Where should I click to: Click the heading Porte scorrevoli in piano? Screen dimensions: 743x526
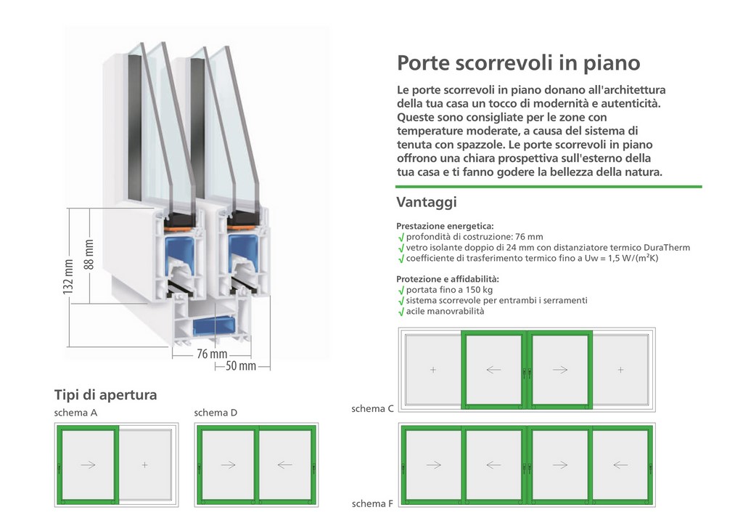518,63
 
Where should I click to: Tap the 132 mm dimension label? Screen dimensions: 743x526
68,277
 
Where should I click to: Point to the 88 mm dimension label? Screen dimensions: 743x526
89,254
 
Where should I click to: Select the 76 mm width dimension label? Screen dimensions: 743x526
212,354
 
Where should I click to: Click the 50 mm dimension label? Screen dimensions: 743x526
241,365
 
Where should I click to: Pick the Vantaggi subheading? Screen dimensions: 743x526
427,202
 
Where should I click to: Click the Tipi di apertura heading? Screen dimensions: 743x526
105,394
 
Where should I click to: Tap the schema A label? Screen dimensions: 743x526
75,413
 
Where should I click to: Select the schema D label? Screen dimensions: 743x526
215,413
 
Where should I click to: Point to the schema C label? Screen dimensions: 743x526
372,408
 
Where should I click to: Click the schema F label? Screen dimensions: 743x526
372,503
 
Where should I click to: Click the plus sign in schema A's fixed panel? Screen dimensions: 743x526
144,465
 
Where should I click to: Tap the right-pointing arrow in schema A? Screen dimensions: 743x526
88,465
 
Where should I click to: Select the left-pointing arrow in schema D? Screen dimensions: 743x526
284,465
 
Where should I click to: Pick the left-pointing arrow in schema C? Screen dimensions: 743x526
493,370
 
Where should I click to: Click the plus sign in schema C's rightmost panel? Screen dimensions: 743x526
621,370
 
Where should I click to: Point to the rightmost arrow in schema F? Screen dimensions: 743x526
621,465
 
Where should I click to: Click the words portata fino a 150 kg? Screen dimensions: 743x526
449,290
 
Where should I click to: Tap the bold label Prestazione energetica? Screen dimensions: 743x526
445,226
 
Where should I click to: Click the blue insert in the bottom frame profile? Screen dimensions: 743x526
214,327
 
